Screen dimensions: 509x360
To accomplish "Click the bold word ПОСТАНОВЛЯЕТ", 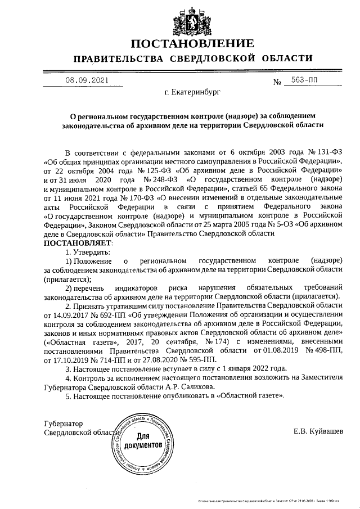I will (78, 242).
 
